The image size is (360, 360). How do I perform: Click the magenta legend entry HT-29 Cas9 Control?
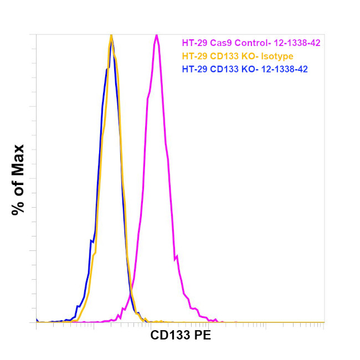tap(251, 42)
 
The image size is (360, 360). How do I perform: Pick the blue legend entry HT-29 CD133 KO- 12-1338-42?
tap(245, 69)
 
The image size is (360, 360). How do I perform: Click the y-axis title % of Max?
tap(18, 179)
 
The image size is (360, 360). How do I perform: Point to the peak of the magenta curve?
tap(157, 35)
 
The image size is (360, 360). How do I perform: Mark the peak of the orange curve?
tap(111, 35)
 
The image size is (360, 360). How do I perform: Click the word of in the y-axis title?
tap(18, 186)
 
